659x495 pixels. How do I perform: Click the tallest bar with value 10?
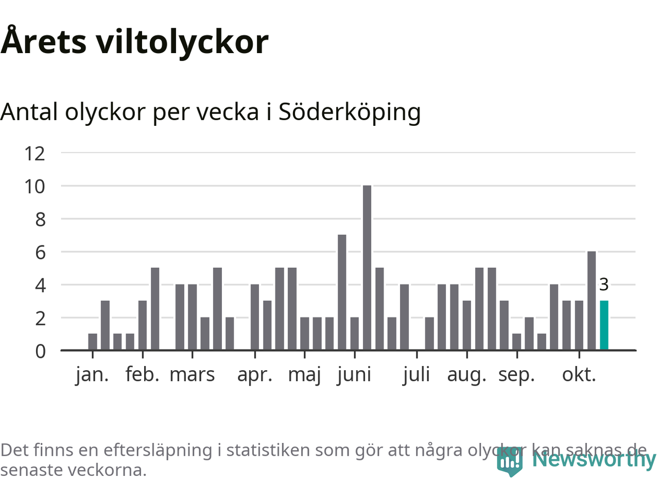[367, 268]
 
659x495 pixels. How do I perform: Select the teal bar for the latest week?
[604, 325]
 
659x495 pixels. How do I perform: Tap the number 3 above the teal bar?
[604, 284]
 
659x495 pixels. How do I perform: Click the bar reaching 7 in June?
[342, 292]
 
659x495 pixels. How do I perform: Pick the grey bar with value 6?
[592, 301]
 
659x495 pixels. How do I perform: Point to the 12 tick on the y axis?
[35, 153]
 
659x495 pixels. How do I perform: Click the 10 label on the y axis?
[35, 186]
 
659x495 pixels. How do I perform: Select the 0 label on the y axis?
[40, 351]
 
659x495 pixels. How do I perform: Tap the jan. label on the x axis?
[92, 375]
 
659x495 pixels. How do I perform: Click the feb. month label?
[142, 375]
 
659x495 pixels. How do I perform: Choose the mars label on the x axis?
[192, 375]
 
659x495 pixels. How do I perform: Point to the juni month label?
[354, 375]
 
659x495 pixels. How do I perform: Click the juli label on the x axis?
[417, 375]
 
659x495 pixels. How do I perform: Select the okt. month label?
[579, 375]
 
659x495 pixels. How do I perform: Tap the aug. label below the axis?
[466, 375]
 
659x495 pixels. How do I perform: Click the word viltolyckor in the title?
[182, 41]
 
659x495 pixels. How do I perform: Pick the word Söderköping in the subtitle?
[350, 112]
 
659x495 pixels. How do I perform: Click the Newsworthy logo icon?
[510, 460]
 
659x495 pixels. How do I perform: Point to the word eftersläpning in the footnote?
[158, 450]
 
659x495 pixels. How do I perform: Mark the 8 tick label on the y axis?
[40, 219]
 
